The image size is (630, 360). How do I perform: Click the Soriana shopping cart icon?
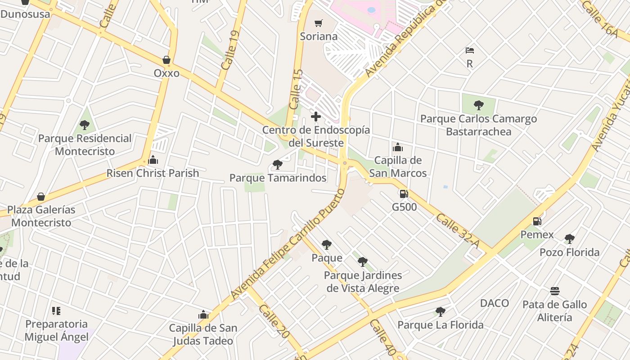(x=319, y=23)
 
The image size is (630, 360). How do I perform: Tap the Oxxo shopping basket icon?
(x=166, y=60)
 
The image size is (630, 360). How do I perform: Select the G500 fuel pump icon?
(x=404, y=194)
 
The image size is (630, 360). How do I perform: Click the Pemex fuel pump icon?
(x=537, y=221)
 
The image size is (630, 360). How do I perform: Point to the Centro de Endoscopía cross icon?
(x=316, y=117)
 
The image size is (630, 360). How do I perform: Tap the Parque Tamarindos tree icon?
(x=278, y=165)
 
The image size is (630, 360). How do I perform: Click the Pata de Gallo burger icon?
(x=555, y=291)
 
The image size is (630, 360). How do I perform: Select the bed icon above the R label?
(x=470, y=50)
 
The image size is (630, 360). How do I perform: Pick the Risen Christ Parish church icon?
(x=153, y=160)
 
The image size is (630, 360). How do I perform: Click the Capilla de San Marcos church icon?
(x=398, y=147)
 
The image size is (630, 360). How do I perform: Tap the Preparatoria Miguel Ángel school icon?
(x=56, y=310)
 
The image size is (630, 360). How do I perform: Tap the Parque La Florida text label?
(x=441, y=325)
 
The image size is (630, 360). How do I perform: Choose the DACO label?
(x=495, y=303)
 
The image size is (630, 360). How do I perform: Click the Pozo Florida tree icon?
(x=570, y=238)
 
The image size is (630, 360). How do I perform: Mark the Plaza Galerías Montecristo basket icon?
(x=41, y=197)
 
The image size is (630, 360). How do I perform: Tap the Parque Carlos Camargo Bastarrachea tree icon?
(x=479, y=106)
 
